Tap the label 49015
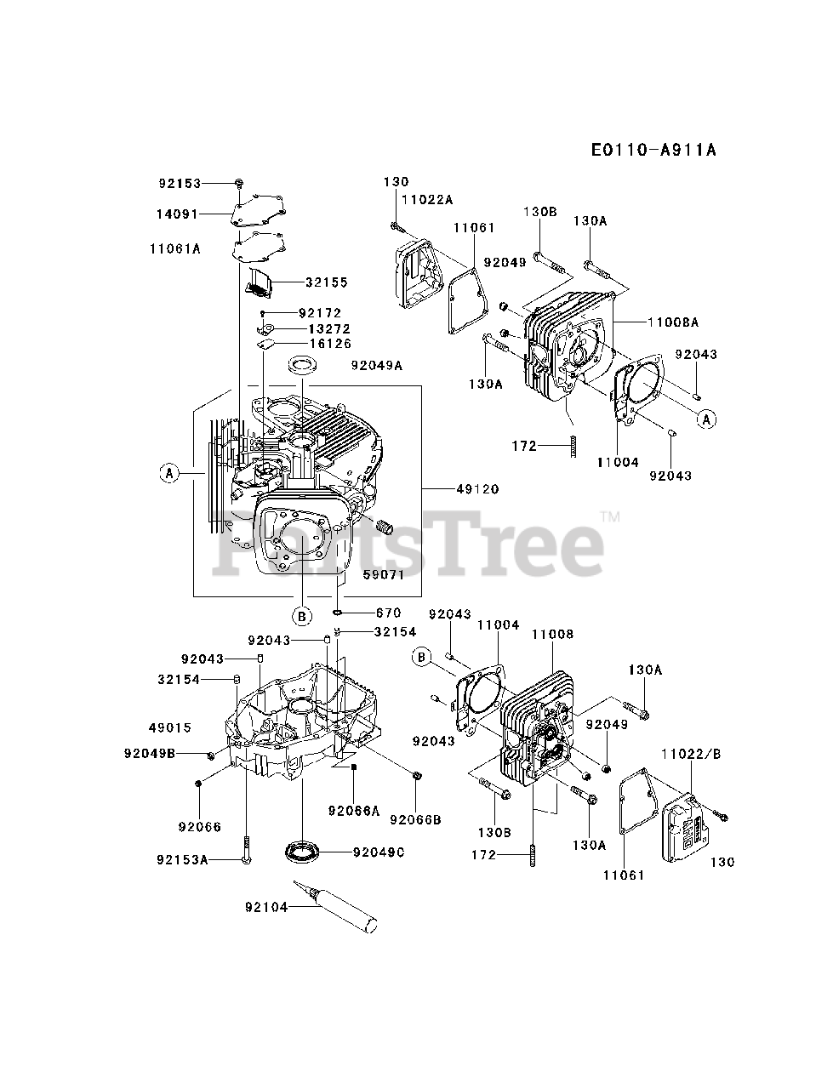pos(169,728)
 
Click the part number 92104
pos(266,907)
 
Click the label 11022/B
pos(691,752)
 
